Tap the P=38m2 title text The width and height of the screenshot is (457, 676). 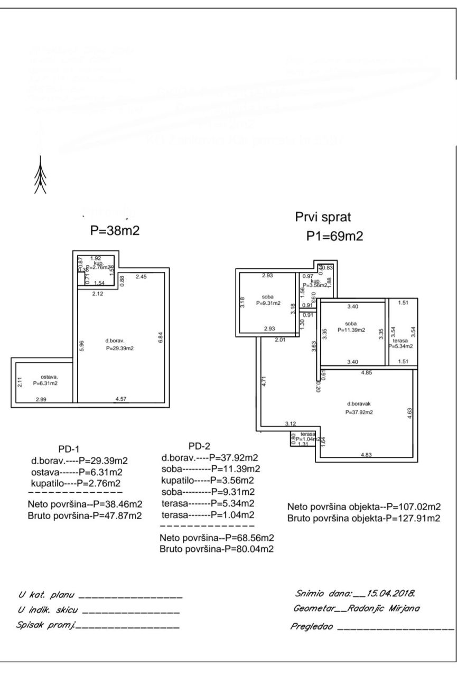pyautogui.click(x=115, y=230)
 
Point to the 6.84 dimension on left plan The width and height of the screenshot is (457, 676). pyautogui.click(x=161, y=336)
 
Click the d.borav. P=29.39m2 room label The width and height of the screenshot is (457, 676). pyautogui.click(x=119, y=345)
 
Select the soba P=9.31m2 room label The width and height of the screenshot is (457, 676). pyautogui.click(x=267, y=300)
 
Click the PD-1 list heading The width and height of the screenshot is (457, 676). pyautogui.click(x=69, y=449)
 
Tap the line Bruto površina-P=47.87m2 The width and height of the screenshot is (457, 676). pyautogui.click(x=85, y=515)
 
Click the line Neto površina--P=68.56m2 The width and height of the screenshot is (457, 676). pyautogui.click(x=216, y=538)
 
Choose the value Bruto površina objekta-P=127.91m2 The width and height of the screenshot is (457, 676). pyautogui.click(x=363, y=518)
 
